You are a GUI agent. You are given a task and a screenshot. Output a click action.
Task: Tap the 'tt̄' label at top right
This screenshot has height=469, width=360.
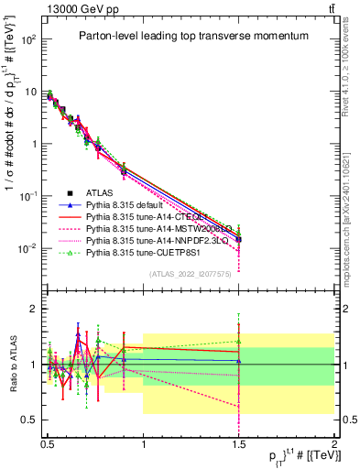[x=329, y=8]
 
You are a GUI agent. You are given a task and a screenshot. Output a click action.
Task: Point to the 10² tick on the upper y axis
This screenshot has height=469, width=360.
[x=28, y=40]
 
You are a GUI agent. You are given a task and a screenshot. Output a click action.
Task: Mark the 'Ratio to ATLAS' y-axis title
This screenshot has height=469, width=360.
[x=11, y=364]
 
